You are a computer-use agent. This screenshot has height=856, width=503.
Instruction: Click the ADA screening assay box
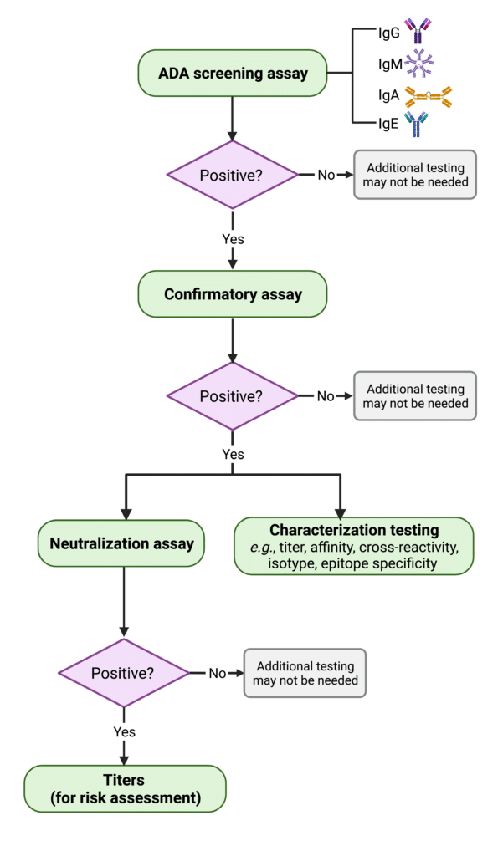click(233, 74)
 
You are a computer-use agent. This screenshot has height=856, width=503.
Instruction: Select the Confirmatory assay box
click(233, 294)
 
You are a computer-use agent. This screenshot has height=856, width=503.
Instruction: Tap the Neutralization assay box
click(121, 543)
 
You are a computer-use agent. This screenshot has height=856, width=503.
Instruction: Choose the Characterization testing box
click(354, 546)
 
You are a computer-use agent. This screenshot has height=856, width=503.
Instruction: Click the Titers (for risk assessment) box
click(125, 788)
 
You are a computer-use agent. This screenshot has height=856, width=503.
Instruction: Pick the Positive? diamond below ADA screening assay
click(233, 175)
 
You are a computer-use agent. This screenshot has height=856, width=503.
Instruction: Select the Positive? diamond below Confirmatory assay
click(233, 395)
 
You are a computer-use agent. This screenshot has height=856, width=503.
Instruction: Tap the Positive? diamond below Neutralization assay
click(124, 673)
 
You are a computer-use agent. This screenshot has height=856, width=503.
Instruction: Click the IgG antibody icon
click(418, 31)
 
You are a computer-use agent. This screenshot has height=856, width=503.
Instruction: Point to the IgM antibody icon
click(418, 64)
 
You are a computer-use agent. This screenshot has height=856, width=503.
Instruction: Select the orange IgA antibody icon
click(429, 97)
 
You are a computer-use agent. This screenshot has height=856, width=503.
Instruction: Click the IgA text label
click(388, 95)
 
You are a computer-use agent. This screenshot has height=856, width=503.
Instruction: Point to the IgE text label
click(388, 124)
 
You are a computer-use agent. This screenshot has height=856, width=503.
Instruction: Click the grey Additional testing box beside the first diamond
click(415, 175)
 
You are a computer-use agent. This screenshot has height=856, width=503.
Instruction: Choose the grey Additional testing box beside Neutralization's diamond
click(305, 673)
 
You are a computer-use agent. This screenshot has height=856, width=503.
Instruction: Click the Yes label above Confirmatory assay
click(233, 239)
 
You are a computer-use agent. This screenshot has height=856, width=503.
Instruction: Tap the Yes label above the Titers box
click(124, 732)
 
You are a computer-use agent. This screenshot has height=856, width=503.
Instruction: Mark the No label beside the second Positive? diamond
click(326, 395)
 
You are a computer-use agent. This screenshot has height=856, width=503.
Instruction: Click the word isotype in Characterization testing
click(290, 563)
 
